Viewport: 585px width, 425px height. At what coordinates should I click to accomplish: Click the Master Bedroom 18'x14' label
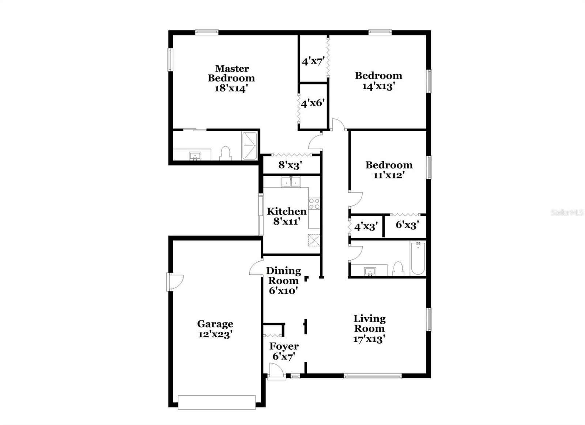point(231,78)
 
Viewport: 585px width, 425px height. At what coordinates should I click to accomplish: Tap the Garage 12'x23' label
point(215,329)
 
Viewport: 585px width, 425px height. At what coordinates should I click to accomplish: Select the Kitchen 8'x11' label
point(286,216)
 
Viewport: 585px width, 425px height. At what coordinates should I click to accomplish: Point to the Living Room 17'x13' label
point(369,329)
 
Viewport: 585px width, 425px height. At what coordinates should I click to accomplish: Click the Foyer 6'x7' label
point(284,351)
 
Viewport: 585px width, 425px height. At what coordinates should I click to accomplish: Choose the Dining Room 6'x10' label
point(283,281)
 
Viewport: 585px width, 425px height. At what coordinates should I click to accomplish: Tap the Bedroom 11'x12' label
point(389,170)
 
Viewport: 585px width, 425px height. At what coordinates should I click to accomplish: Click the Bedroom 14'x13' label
point(378,81)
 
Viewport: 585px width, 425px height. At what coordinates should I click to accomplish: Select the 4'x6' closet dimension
point(313,103)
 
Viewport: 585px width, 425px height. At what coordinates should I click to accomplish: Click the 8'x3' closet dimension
point(290,165)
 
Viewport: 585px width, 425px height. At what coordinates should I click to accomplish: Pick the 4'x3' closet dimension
point(366,227)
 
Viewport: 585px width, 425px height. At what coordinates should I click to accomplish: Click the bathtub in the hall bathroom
point(418,258)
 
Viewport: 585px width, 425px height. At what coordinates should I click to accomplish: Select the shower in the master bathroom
point(250,146)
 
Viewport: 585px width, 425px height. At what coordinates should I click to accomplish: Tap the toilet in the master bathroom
point(225,153)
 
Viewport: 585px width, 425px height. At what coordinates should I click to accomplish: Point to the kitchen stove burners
point(314,204)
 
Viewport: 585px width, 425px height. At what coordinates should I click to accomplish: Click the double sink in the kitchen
point(291,182)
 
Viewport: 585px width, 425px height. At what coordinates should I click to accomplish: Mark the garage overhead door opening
point(216,402)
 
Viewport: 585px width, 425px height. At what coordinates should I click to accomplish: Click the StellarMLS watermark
point(567,212)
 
